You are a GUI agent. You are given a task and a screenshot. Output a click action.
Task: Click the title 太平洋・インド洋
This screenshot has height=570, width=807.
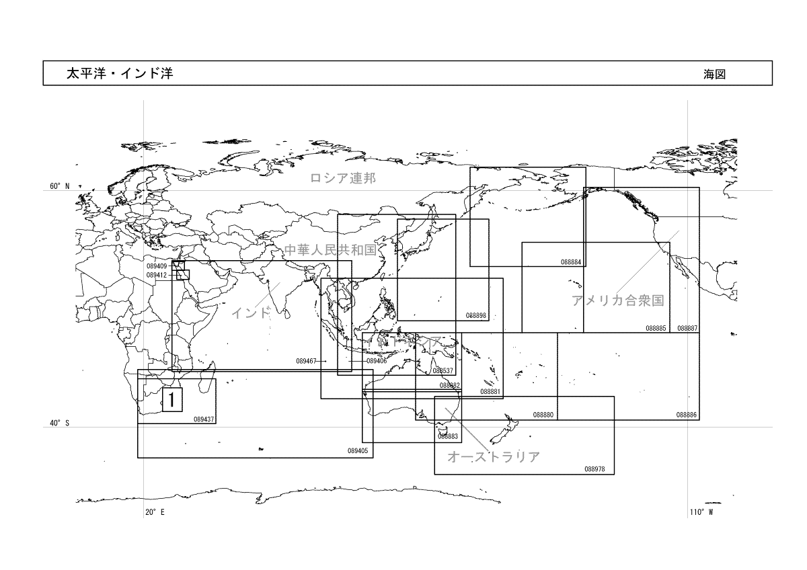pos(119,74)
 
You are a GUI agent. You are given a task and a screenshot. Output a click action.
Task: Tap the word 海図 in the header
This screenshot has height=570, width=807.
pos(714,75)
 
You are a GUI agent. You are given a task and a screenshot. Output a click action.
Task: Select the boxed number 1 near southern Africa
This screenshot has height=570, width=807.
pos(172,399)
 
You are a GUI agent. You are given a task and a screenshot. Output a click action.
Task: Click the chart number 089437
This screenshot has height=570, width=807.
pos(204,419)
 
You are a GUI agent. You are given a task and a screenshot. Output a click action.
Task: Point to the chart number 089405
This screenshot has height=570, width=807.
pos(358,451)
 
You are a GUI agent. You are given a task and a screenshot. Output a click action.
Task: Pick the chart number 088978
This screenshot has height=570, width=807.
pos(595,469)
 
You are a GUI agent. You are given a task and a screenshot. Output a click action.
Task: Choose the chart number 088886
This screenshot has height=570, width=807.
pos(687,415)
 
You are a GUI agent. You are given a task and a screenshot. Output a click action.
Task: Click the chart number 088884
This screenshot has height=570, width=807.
pos(571,262)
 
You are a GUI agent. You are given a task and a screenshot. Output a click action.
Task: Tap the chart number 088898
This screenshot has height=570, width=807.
pos(475,315)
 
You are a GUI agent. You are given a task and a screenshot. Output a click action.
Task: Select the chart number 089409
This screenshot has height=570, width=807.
pos(157,266)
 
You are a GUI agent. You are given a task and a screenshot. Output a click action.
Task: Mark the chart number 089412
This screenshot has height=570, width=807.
pos(157,275)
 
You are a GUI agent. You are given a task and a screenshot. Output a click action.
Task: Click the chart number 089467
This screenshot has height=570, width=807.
pos(306,361)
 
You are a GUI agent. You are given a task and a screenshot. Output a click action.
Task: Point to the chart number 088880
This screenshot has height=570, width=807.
pos(543,415)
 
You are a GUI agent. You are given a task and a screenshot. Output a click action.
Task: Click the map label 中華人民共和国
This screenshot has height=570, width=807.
pos(330,250)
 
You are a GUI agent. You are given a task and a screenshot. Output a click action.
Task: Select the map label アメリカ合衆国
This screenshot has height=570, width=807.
pos(618,300)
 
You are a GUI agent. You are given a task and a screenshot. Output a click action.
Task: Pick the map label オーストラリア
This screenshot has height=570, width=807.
pos(494,457)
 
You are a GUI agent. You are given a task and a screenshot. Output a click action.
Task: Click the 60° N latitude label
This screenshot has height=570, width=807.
pos(60,186)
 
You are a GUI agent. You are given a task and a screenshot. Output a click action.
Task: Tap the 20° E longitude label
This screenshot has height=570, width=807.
pos(155,513)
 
